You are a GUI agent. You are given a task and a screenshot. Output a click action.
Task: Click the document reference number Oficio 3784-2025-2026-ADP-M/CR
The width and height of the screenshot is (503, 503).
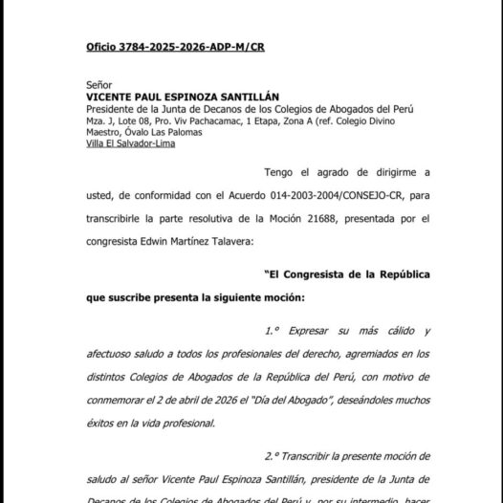pos(161,46)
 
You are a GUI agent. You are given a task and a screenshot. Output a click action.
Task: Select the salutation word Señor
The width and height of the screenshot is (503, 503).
pos(98,84)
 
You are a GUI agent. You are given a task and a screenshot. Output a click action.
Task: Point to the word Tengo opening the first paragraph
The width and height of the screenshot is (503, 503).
pos(282,172)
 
